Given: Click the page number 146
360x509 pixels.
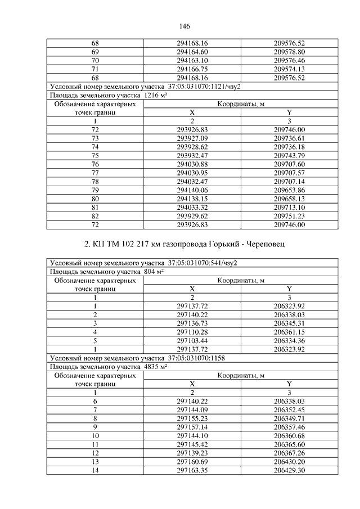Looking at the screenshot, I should click(x=184, y=26).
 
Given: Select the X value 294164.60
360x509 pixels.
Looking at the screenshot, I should click(x=192, y=51).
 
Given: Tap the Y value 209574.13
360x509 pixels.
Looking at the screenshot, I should click(x=289, y=69).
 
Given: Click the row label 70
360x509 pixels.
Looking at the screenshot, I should click(x=95, y=60).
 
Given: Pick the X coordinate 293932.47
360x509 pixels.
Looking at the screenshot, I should click(x=192, y=155).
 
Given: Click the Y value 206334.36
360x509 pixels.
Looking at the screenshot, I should click(x=289, y=341).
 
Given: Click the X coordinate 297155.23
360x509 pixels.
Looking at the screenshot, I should click(x=192, y=419).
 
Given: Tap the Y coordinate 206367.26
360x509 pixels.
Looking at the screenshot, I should click(x=289, y=453).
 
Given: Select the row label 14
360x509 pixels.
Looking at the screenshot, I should click(x=95, y=471).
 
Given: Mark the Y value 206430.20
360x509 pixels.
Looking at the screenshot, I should click(x=289, y=462).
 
